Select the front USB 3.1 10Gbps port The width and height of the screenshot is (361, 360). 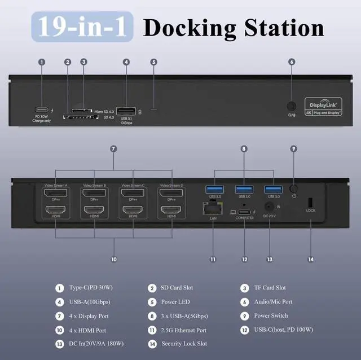click(x=126, y=111)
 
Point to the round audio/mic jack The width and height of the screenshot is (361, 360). click(x=292, y=106)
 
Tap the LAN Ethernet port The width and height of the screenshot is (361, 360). click(x=213, y=209)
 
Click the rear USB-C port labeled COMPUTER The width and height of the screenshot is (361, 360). click(x=245, y=212)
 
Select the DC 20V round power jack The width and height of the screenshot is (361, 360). click(x=269, y=208)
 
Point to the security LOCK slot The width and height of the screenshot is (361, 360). click(x=310, y=203)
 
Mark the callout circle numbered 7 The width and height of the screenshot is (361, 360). click(x=113, y=149)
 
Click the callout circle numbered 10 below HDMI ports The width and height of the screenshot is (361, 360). click(x=113, y=260)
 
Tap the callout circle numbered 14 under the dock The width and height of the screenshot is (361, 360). click(x=310, y=260)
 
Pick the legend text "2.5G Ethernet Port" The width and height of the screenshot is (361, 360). click(x=184, y=330)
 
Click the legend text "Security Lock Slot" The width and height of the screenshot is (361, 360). click(x=184, y=344)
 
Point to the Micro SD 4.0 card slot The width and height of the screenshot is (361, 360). click(x=82, y=112)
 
